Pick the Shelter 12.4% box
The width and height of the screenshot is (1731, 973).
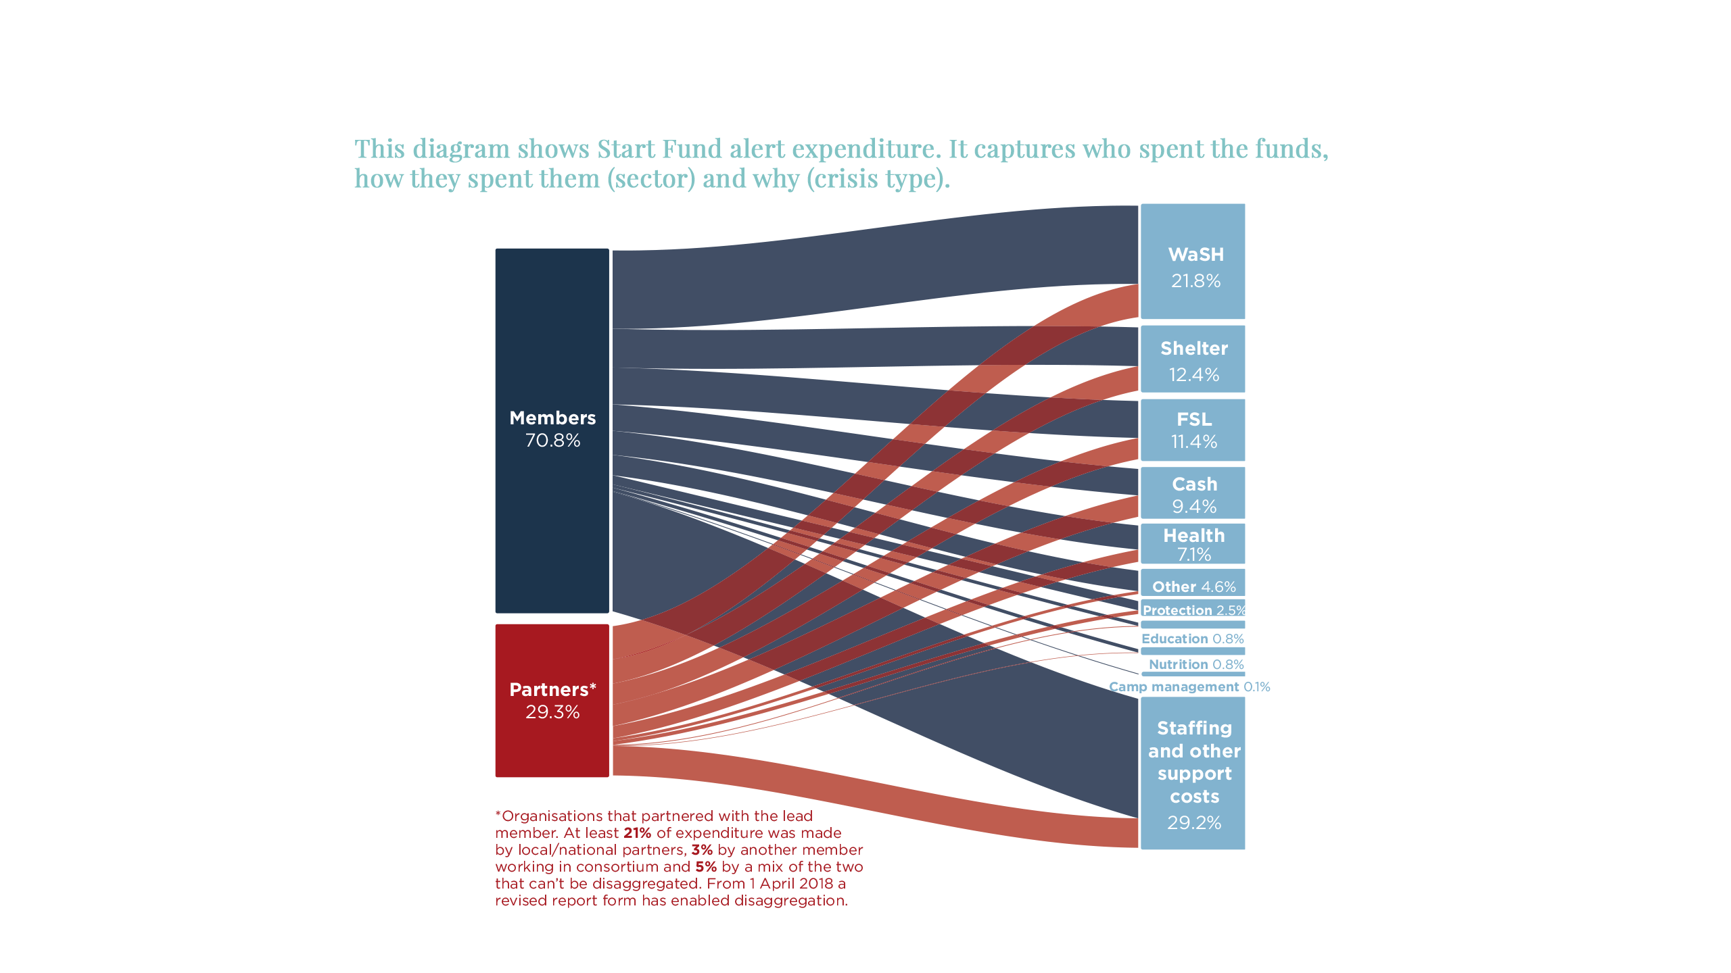tap(1193, 359)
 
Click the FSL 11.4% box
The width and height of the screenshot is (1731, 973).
tap(1193, 430)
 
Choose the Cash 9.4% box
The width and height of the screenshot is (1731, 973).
tap(1193, 493)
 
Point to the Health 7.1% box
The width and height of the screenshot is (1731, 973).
tap(1193, 543)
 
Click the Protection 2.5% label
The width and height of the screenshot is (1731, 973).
tap(1193, 609)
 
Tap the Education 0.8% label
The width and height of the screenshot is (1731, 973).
tap(1192, 639)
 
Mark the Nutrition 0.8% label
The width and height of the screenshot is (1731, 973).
tap(1195, 664)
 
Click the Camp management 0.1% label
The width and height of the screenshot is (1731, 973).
tap(1189, 687)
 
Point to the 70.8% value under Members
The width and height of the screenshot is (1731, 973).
tap(552, 441)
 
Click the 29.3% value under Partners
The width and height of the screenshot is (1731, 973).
tap(552, 712)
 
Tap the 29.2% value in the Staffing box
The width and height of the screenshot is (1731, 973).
tap(1193, 822)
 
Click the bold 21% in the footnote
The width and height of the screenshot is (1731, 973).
tap(637, 833)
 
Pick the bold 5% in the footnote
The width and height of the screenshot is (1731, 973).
tap(705, 867)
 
